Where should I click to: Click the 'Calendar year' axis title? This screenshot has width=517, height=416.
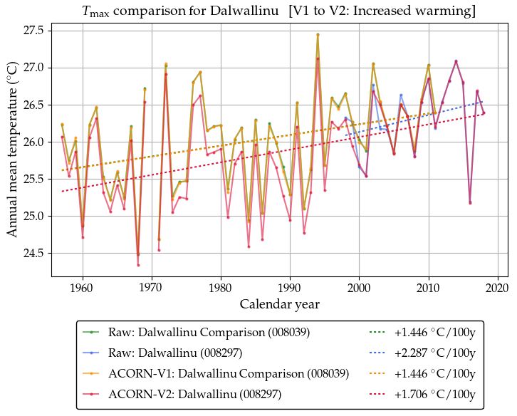click(x=279, y=304)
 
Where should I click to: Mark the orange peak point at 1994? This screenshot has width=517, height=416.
click(x=318, y=34)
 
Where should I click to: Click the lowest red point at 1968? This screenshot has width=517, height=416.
click(x=138, y=265)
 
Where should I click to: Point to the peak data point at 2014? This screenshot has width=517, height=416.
click(x=456, y=61)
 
